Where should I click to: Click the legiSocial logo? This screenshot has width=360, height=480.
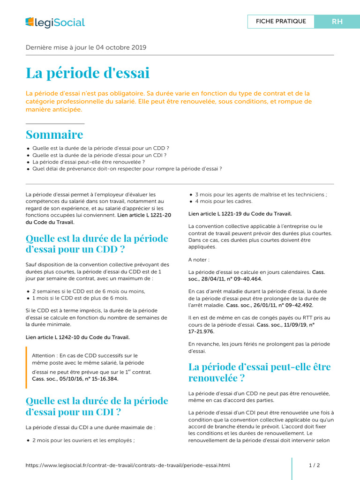click(55, 22)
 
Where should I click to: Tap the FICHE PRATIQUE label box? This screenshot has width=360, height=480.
click(281, 22)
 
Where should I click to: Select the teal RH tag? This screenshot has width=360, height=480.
click(337, 22)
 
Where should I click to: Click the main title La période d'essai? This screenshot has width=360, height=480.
click(88, 73)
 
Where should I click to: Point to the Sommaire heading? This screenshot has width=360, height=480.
click(54, 135)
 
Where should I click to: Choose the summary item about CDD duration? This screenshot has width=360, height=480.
click(100, 147)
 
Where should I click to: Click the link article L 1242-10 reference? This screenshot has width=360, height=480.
click(78, 337)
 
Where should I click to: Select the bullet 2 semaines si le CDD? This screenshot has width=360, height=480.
click(89, 291)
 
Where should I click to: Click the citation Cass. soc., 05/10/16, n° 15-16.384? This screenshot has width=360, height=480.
click(75, 379)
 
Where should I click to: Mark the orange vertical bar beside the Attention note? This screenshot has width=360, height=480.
click(27, 367)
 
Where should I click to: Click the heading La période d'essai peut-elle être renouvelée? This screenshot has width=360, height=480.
click(259, 372)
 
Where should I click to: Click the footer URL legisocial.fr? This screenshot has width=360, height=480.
click(127, 465)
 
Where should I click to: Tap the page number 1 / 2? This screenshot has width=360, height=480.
click(314, 465)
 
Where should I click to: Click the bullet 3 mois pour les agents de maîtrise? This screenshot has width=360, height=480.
click(261, 195)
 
